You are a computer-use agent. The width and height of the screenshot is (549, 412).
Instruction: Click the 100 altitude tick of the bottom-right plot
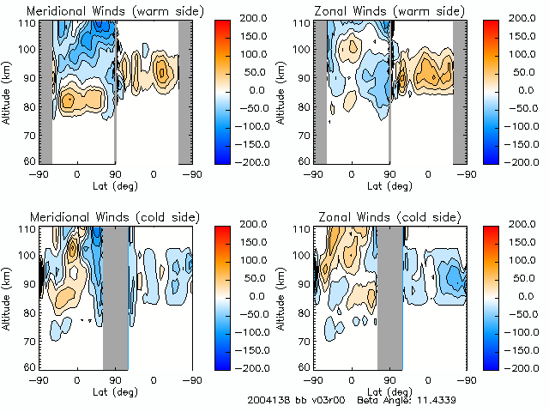click(x=303, y=255)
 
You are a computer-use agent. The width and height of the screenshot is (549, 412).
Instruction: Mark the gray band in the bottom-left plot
click(x=115, y=296)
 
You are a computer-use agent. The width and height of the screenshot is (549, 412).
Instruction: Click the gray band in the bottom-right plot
click(x=389, y=296)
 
